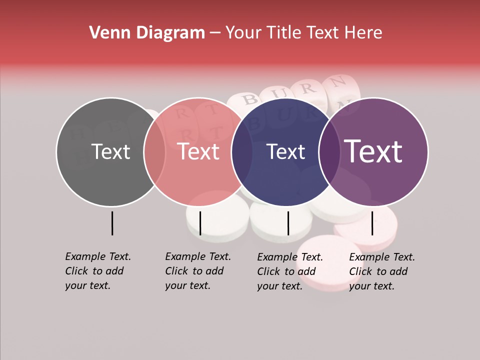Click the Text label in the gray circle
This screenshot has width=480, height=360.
[x=110, y=152]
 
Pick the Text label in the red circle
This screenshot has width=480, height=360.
[x=198, y=152]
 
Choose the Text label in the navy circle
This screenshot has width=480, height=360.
[x=286, y=152]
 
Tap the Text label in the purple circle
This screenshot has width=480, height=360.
[x=373, y=152]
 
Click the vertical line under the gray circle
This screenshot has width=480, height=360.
[x=112, y=223]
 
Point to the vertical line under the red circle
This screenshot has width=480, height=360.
[x=200, y=223]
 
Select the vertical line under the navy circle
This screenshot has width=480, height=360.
[x=288, y=223]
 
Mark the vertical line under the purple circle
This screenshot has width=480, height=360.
[x=372, y=223]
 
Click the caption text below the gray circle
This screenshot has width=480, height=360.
[x=97, y=271]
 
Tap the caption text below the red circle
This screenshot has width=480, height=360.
[x=197, y=271]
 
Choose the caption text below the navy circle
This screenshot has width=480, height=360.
[x=289, y=271]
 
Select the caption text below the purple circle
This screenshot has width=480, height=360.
[x=381, y=271]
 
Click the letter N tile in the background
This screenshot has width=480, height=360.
[x=338, y=81]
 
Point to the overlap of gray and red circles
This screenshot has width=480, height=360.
[x=154, y=152]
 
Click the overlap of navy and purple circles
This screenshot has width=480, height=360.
[x=329, y=152]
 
